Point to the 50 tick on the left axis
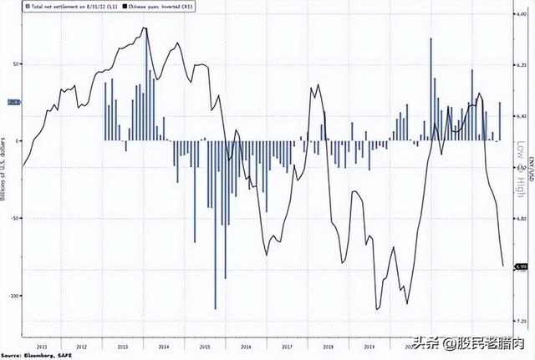pyautogui.click(x=14, y=63)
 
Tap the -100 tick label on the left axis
pyautogui.click(x=12, y=296)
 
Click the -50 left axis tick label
pyautogui.click(x=13, y=218)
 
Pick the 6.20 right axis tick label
pyautogui.click(x=519, y=64)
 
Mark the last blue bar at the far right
pyautogui.click(x=500, y=121)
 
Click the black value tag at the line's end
pyautogui.click(x=520, y=266)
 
